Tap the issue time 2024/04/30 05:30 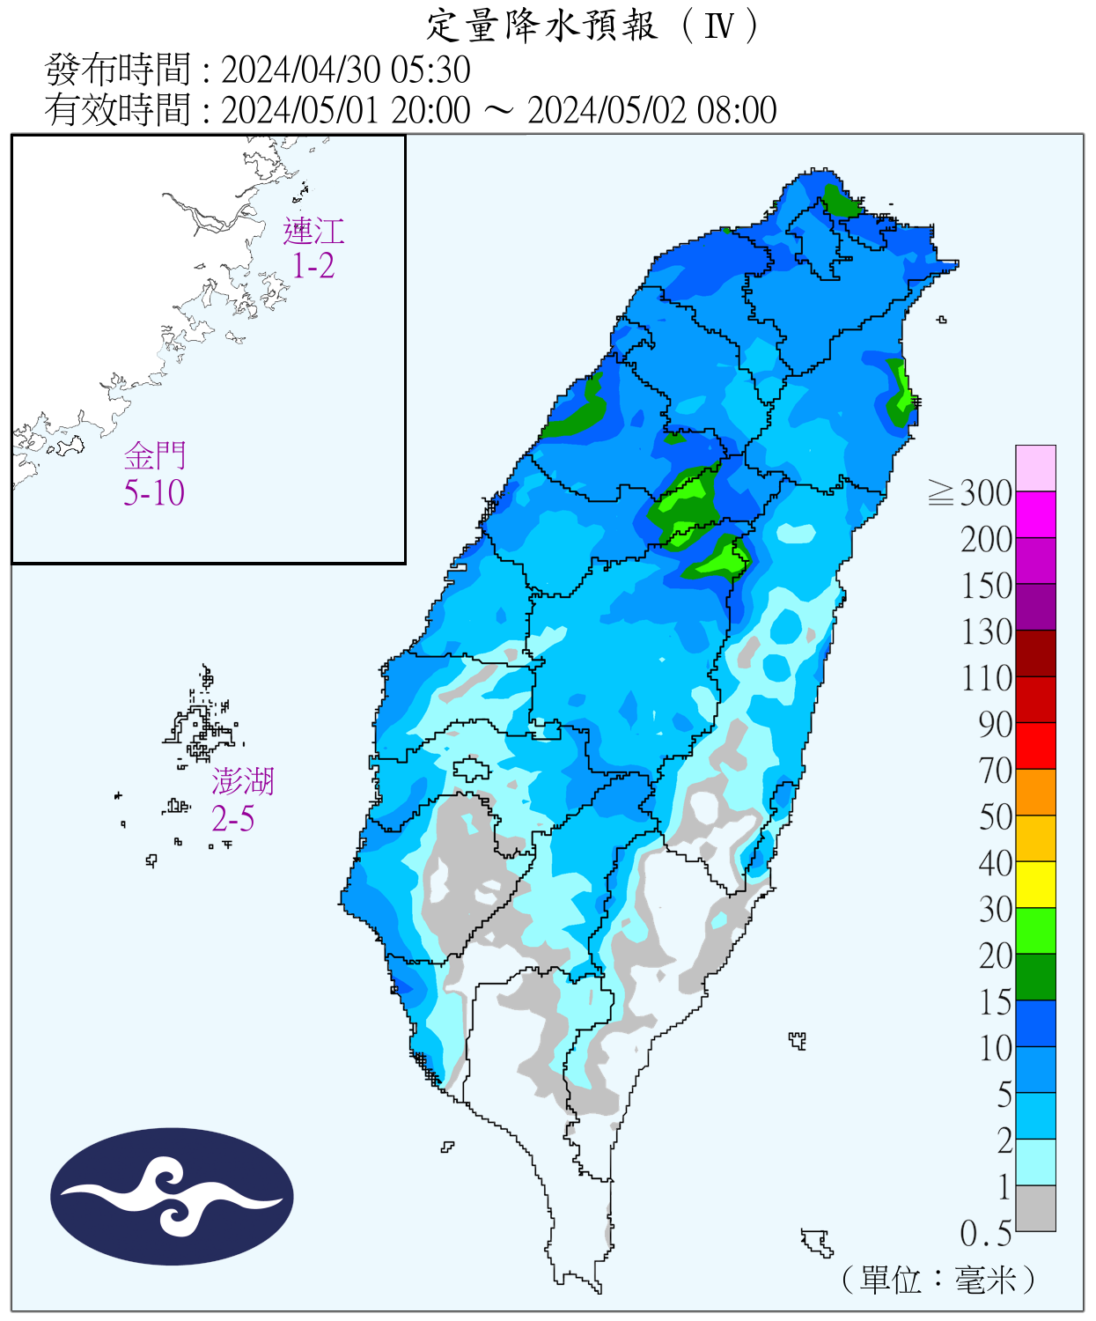click(345, 70)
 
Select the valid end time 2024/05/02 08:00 click(651, 111)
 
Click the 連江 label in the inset click(313, 232)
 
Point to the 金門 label click(155, 456)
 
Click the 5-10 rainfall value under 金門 click(154, 493)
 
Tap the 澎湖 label click(243, 781)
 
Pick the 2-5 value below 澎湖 click(232, 819)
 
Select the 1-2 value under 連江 click(313, 266)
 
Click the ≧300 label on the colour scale click(970, 493)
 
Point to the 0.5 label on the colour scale click(985, 1234)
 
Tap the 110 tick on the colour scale click(987, 678)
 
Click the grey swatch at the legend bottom click(1035, 1208)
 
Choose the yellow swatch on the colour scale click(1035, 884)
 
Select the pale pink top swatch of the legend click(1035, 468)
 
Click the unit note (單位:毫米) click(938, 1280)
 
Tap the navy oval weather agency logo click(172, 1197)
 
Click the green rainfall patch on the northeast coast click(900, 393)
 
